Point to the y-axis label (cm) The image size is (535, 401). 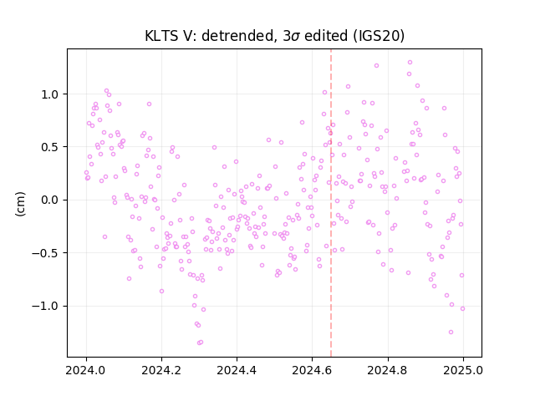[20, 204]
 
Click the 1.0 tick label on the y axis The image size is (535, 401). [50, 94]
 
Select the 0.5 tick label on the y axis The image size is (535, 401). [50, 147]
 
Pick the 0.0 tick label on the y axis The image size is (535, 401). [50, 200]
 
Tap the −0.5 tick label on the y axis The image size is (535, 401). [45, 253]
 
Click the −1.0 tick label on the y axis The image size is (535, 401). [45, 307]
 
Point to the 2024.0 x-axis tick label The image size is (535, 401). [86, 370]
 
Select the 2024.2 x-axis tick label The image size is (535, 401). [161, 370]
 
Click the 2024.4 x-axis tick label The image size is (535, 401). [237, 370]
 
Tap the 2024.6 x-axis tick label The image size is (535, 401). [312, 370]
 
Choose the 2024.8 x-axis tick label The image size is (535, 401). [388, 370]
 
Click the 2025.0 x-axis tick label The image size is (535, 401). [463, 370]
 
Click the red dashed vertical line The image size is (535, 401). [331, 203]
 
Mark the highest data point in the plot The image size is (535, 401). [410, 63]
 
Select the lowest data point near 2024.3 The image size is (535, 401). [199, 343]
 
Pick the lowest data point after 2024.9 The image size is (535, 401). [451, 332]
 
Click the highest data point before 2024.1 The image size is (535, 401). [106, 91]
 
